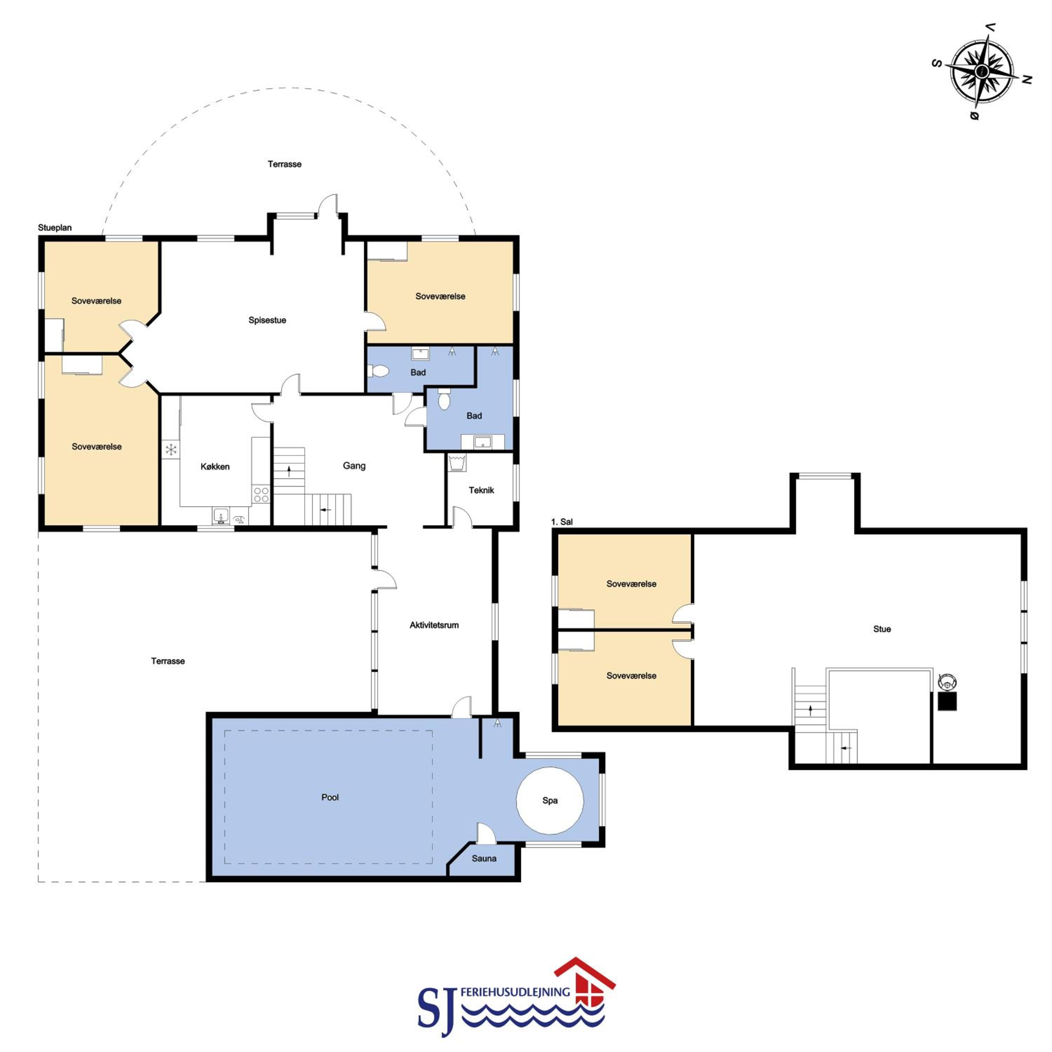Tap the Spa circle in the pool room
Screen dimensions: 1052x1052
(550, 801)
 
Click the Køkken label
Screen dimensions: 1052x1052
(215, 467)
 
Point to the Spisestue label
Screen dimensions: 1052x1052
(267, 320)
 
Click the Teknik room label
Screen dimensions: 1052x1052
(481, 490)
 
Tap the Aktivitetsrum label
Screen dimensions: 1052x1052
(434, 625)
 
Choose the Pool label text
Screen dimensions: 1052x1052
(330, 797)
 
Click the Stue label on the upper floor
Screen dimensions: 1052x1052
(882, 629)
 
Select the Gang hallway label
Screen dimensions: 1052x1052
(354, 466)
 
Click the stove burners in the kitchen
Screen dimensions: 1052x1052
(261, 494)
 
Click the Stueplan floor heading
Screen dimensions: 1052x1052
(54, 228)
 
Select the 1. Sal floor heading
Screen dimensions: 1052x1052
(562, 522)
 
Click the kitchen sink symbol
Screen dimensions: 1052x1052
(221, 515)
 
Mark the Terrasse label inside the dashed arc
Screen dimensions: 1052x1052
(284, 164)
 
